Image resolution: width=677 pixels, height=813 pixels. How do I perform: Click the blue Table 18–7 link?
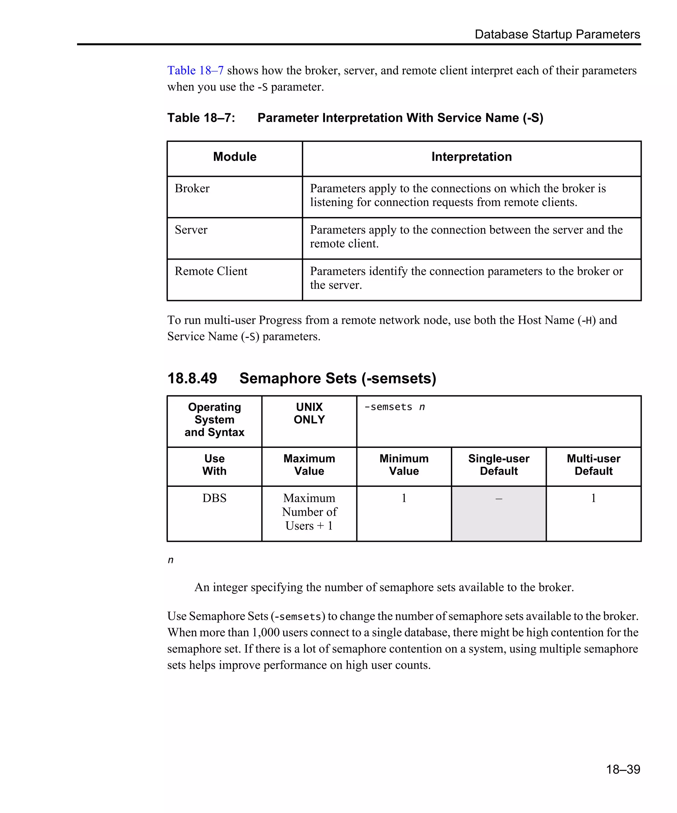(x=195, y=70)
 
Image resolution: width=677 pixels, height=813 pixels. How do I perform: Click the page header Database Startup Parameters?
(x=557, y=34)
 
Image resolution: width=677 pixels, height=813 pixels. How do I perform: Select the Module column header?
(x=234, y=157)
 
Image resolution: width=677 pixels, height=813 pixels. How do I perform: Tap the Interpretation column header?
(x=471, y=157)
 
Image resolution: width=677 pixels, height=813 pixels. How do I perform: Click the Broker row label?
(x=192, y=189)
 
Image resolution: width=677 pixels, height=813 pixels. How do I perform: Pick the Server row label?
(x=191, y=230)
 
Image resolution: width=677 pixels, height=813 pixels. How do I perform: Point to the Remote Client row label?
(x=211, y=272)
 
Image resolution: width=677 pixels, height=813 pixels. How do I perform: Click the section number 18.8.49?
(x=192, y=378)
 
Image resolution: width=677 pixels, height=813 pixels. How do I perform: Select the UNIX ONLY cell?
(x=309, y=413)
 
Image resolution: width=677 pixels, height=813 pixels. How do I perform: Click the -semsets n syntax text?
(x=394, y=407)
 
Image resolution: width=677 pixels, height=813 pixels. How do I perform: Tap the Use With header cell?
(x=214, y=465)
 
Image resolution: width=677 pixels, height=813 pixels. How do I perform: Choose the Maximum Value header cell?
(x=309, y=465)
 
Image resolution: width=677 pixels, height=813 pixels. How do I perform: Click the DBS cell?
(x=214, y=498)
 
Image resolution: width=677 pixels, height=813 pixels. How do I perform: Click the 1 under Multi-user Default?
(x=593, y=498)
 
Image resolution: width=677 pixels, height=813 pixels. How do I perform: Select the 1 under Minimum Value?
(x=404, y=498)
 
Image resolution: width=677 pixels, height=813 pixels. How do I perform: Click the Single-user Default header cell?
(x=498, y=465)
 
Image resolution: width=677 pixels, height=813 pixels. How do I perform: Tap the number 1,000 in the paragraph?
(x=265, y=633)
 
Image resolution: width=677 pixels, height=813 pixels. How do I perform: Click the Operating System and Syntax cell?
(x=214, y=420)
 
